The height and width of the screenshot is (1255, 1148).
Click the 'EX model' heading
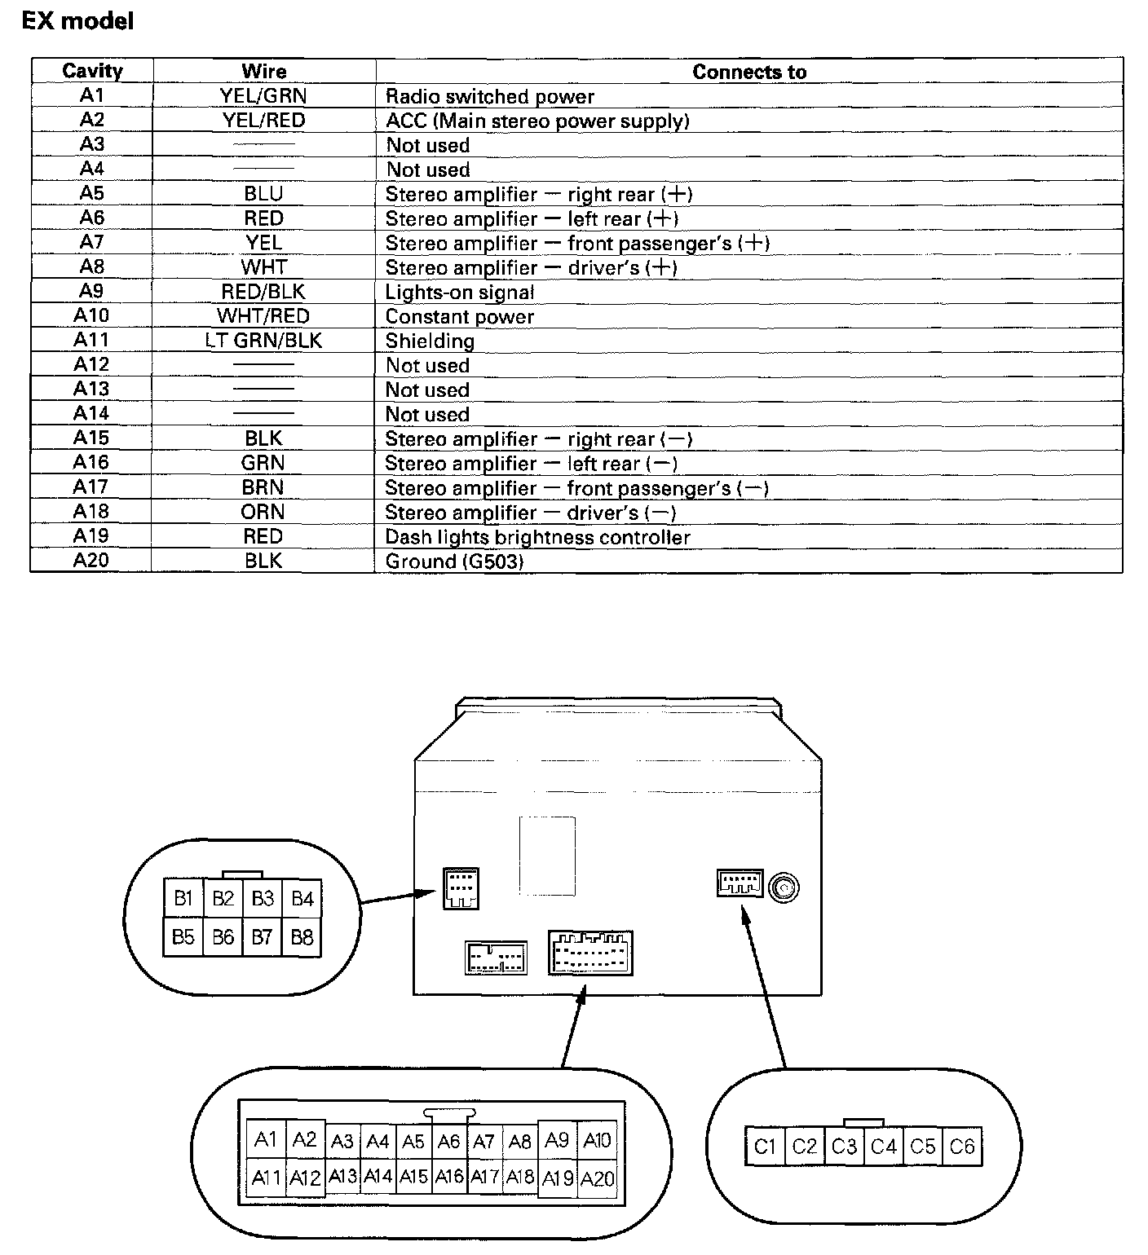coord(77,21)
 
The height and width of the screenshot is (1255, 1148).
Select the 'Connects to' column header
coord(748,72)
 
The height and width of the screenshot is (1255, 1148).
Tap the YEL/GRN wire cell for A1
coord(263,96)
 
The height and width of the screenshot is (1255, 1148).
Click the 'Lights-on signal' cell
coord(460,292)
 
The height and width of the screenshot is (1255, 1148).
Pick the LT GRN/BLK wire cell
coord(263,341)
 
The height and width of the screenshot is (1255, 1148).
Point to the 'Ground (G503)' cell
coord(454,561)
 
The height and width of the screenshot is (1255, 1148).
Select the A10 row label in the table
coord(91,316)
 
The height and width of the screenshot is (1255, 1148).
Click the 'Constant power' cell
coord(460,316)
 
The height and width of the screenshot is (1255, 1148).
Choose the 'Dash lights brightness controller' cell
coord(537,537)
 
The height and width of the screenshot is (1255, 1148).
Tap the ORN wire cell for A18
coord(263,512)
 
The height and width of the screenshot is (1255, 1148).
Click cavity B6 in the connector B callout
coord(223,937)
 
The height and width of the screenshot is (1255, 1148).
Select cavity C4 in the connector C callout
coord(883,1147)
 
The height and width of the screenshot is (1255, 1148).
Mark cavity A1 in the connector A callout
coord(266,1138)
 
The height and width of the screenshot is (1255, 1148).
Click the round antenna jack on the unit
coord(784,887)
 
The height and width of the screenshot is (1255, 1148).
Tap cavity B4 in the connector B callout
coord(302,898)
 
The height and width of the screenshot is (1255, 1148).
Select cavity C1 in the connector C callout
coord(764,1147)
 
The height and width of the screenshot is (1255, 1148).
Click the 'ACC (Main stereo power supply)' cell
coord(537,121)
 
